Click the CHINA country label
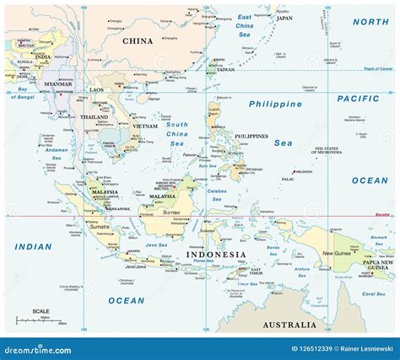138,40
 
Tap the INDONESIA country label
216,255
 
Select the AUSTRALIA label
289,325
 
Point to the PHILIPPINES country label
252,136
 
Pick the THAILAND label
94,117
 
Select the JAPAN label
284,18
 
